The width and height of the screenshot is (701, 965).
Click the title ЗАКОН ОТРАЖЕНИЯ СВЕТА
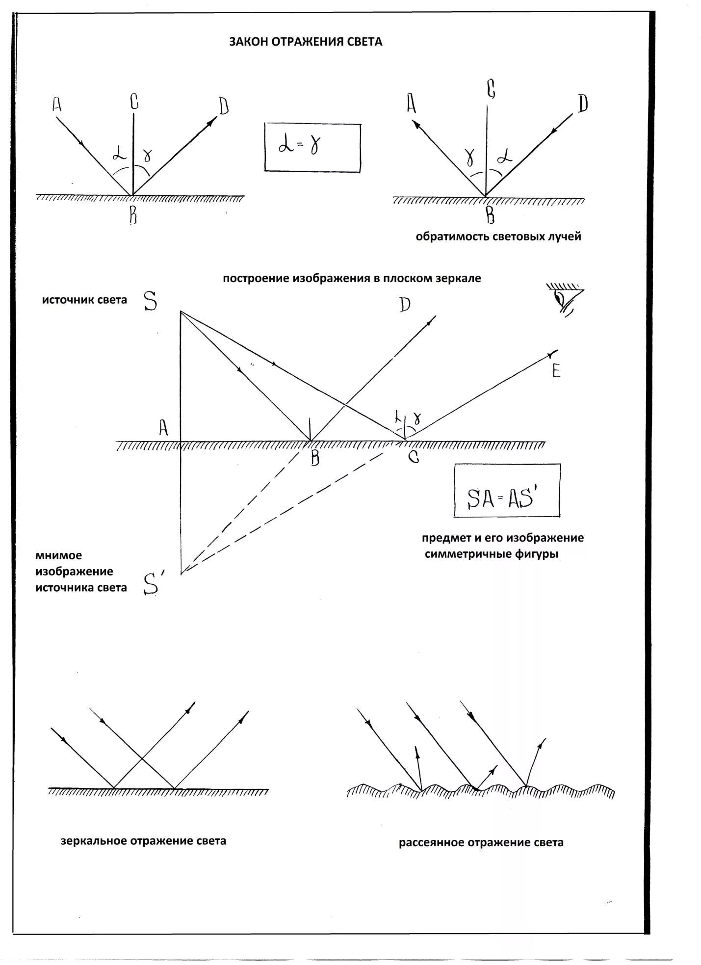306,42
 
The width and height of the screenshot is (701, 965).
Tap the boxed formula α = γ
312,147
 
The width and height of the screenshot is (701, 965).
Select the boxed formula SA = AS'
507,491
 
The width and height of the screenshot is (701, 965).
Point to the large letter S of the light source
151,301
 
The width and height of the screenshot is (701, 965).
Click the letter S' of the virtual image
151,584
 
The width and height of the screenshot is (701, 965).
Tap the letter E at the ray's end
556,370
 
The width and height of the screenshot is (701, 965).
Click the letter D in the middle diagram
405,305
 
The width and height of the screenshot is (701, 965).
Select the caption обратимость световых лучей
498,236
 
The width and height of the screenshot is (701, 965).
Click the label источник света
84,300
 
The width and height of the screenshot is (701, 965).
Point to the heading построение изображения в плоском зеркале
352,278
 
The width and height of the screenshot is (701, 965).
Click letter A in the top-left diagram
57,104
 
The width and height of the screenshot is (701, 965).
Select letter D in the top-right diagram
582,104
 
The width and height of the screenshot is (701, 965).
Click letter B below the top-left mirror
133,215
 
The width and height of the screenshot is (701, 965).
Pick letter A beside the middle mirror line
163,428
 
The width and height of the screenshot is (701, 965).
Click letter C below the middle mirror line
414,458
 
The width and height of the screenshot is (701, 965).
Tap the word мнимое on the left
59,555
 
